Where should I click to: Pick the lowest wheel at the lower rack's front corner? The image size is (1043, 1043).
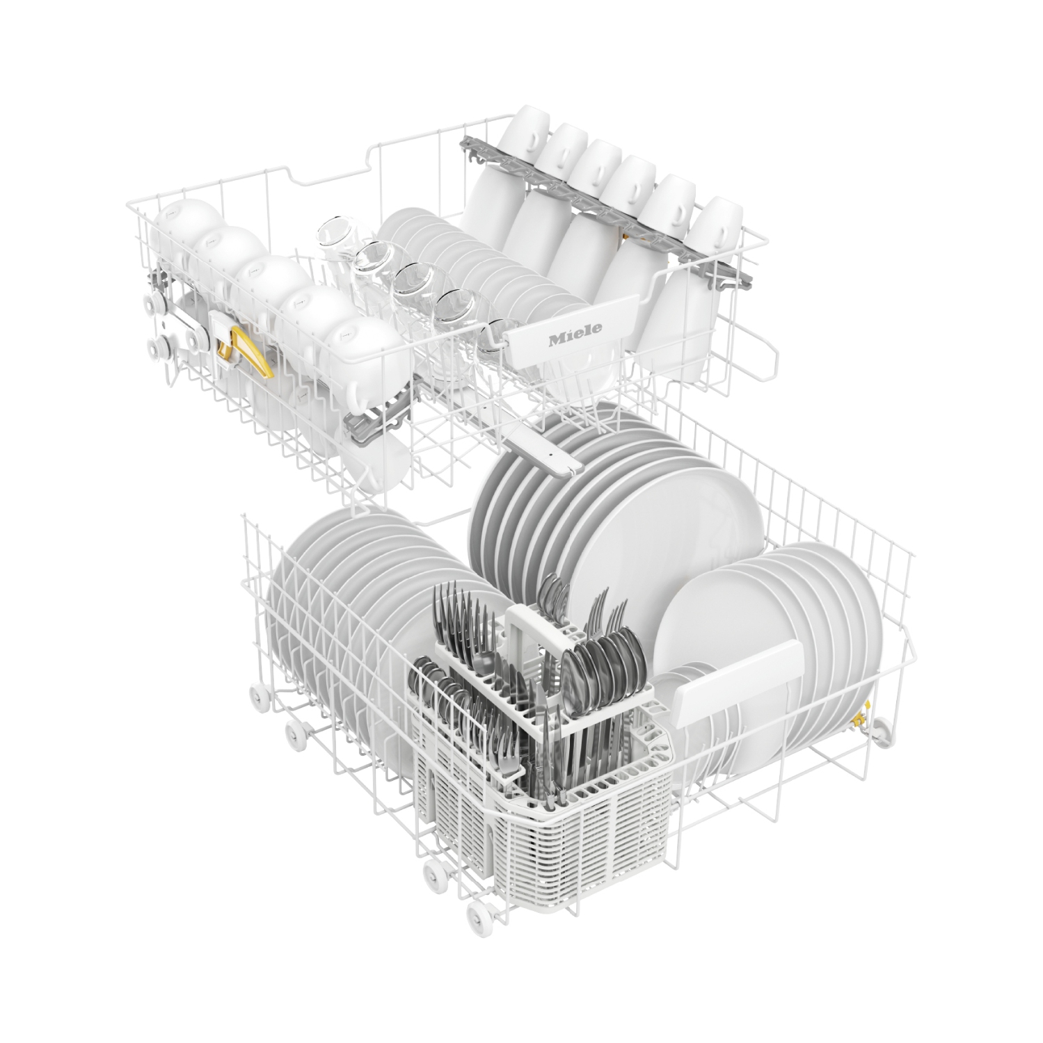[479, 913]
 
